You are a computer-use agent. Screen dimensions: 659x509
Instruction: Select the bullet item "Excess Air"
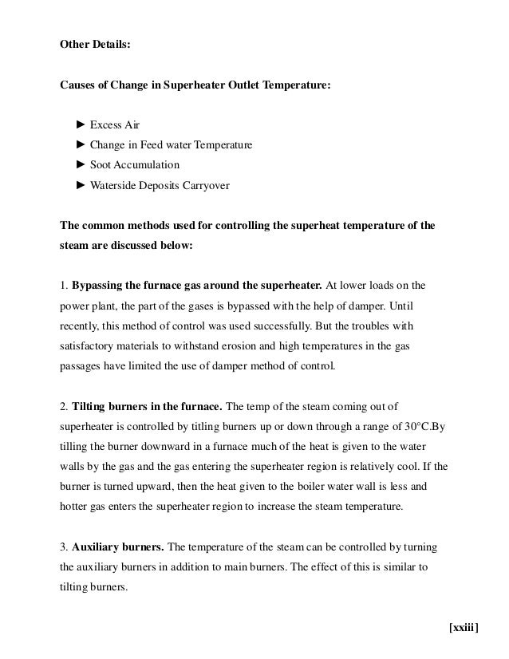[x=115, y=125]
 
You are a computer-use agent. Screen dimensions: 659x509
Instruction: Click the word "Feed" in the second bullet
[x=146, y=145]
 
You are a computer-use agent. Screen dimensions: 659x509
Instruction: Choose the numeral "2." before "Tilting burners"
[x=65, y=405]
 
